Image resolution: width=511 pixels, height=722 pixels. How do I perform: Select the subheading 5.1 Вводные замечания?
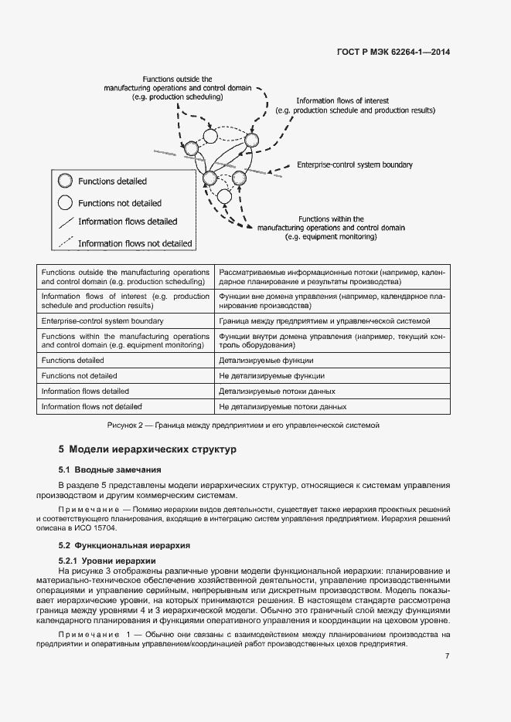click(111, 469)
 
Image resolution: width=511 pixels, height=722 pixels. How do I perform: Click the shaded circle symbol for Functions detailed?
click(66, 181)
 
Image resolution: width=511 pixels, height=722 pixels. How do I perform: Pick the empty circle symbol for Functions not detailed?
click(66, 203)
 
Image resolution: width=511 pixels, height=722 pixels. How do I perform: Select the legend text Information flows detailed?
click(128, 222)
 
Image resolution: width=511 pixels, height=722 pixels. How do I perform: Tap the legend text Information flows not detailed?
click(135, 243)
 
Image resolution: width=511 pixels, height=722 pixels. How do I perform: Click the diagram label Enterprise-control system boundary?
click(355, 165)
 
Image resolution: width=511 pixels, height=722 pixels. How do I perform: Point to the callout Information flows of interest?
click(342, 101)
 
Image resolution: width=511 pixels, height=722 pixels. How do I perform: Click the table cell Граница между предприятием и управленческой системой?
click(325, 320)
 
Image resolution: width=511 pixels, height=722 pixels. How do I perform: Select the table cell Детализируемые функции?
click(266, 361)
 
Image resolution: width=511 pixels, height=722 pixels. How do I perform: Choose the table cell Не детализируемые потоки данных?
click(282, 406)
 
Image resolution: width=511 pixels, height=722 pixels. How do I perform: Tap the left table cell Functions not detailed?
click(80, 376)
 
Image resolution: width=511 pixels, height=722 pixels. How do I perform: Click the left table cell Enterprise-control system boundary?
click(102, 320)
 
